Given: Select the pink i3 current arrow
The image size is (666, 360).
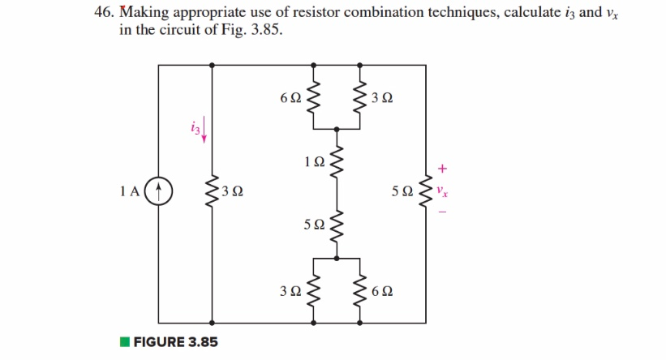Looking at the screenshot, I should pyautogui.click(x=204, y=130).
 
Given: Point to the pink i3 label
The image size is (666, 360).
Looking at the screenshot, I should pyautogui.click(x=193, y=126).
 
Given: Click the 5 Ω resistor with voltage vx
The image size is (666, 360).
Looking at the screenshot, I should pyautogui.click(x=426, y=192).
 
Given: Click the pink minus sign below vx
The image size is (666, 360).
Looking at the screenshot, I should pyautogui.click(x=442, y=212).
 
